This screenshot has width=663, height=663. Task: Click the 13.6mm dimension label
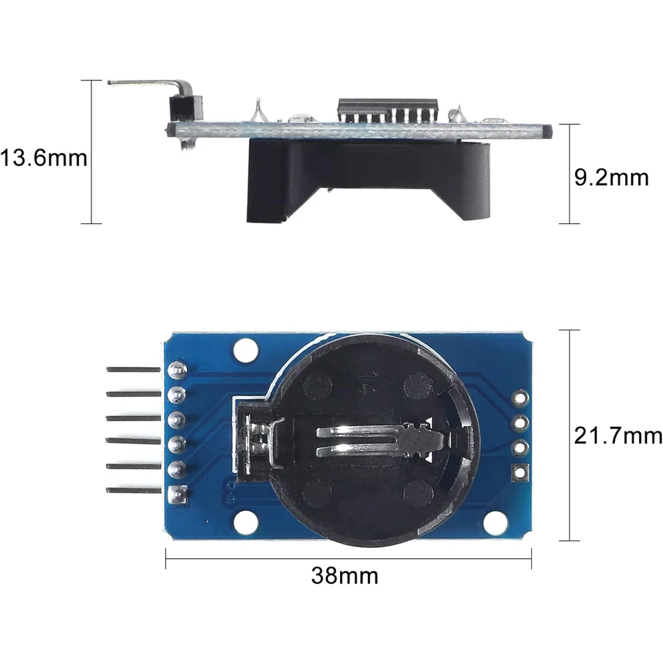pos(43,158)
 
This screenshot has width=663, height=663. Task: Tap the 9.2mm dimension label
pos(611,177)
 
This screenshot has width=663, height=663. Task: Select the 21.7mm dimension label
pos(617,436)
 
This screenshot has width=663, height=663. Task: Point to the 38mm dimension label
pos(345,576)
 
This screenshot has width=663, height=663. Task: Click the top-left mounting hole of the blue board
pos(246,349)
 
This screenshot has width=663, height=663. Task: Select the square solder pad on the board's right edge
pos(520,472)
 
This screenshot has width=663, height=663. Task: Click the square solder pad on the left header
pos(178,495)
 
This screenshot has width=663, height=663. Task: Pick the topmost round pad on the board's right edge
pos(520,398)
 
